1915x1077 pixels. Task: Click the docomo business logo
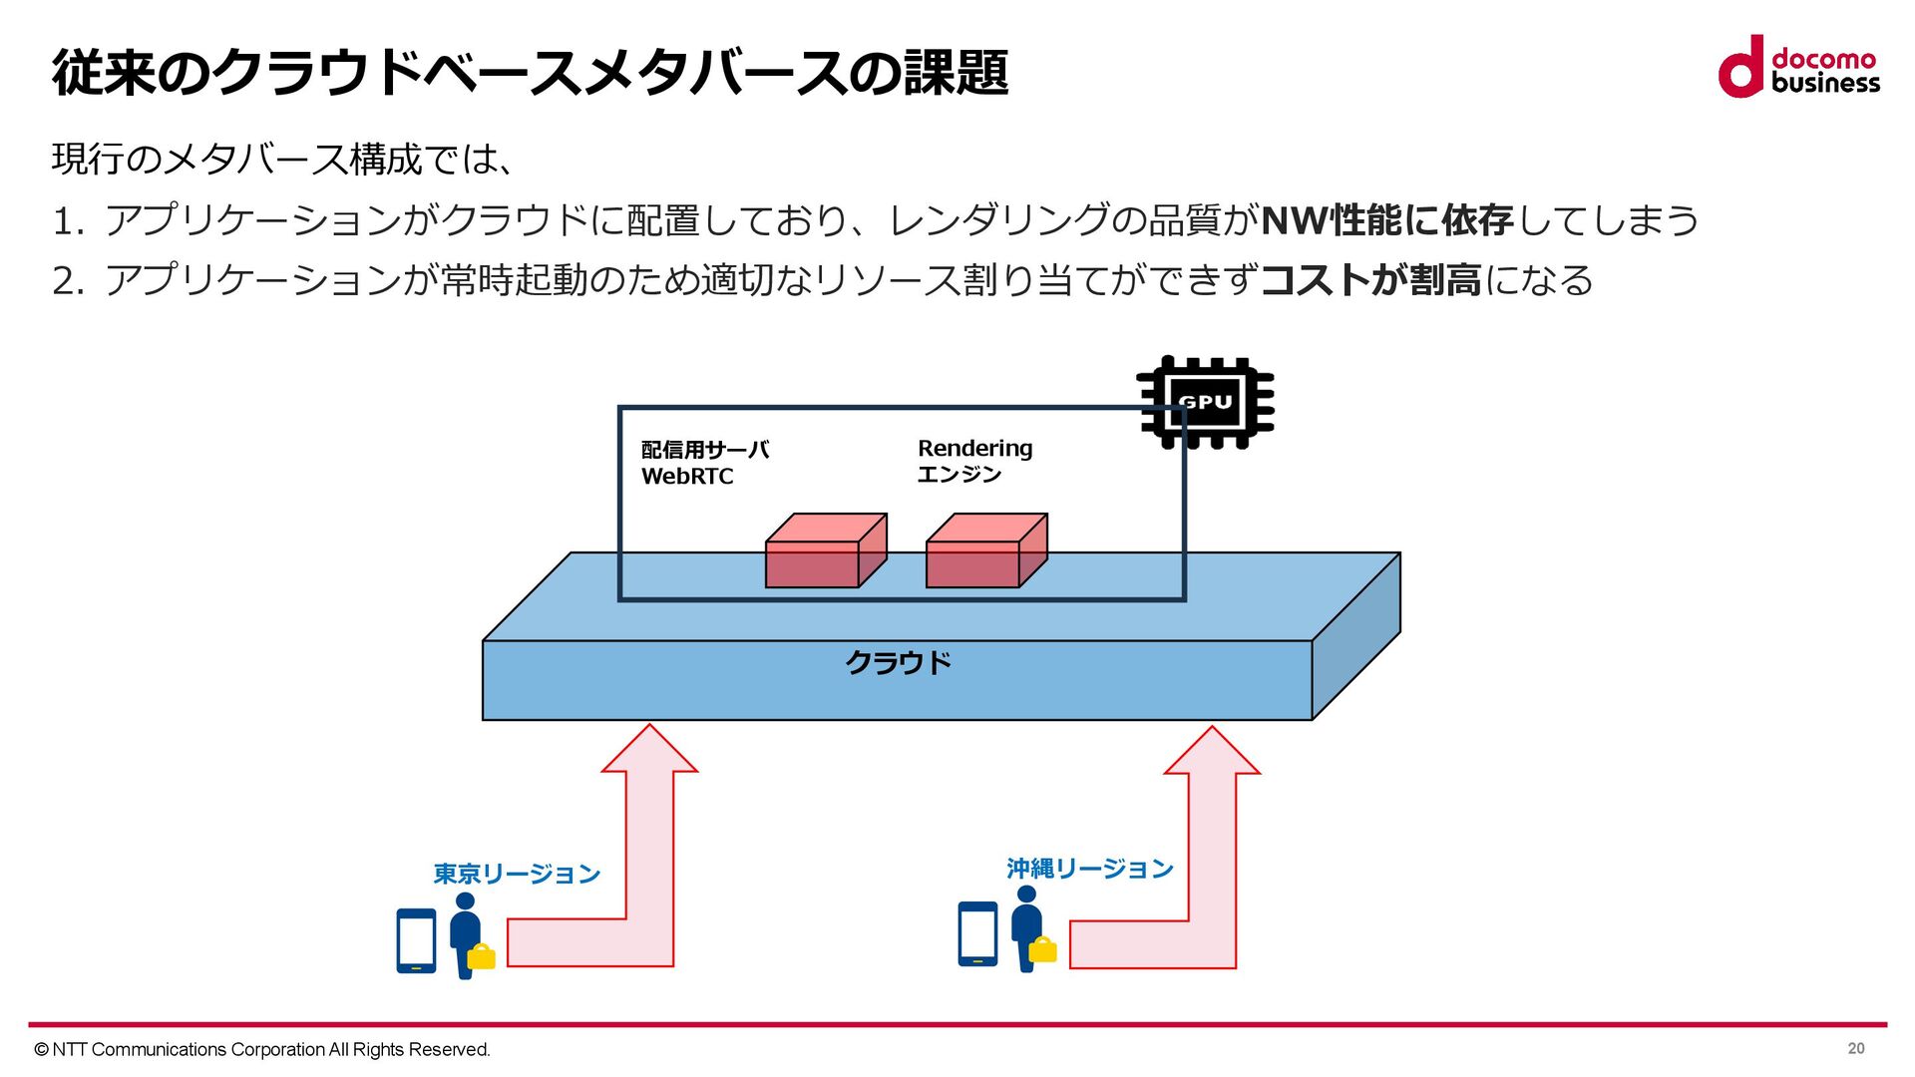[1798, 67]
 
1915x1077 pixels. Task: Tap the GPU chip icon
[1206, 402]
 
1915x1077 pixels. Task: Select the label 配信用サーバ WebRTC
[704, 463]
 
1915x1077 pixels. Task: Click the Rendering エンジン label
[974, 461]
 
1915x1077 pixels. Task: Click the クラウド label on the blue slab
[898, 663]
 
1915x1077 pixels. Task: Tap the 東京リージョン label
[517, 875]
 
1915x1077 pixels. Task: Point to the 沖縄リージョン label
[1089, 870]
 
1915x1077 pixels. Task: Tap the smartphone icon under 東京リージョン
[416, 940]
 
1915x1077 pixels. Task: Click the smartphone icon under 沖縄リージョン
[977, 934]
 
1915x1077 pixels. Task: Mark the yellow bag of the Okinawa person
[1042, 949]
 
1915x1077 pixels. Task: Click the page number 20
[1855, 1048]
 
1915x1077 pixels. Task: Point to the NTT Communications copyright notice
[262, 1049]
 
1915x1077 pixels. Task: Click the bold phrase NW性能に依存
[1387, 220]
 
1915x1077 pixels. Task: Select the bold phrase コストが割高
[1371, 280]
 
